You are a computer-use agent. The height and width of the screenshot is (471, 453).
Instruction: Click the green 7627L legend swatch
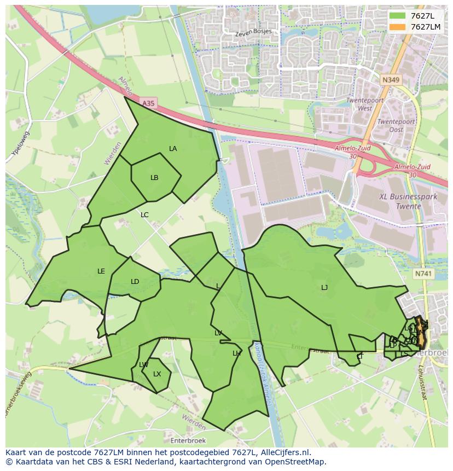(x=398, y=16)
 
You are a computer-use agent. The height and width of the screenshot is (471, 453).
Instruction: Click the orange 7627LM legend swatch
(x=398, y=27)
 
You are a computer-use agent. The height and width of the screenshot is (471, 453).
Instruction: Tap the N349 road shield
(x=391, y=80)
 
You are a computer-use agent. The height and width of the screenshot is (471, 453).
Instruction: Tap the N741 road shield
(x=423, y=274)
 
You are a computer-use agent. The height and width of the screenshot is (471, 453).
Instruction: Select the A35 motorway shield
(x=148, y=103)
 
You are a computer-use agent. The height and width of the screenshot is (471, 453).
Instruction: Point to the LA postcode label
(x=173, y=149)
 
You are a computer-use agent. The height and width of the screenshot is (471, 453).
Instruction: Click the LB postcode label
(x=154, y=178)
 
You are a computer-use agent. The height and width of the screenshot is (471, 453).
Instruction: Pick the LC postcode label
(x=144, y=215)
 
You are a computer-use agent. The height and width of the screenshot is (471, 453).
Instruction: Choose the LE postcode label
(x=101, y=271)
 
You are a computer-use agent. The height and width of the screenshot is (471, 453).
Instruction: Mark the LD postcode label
(x=135, y=282)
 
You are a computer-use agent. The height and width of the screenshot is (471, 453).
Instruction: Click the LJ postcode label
(x=324, y=288)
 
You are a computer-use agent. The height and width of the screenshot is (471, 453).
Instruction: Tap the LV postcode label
(x=218, y=333)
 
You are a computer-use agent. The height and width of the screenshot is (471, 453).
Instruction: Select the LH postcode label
(x=236, y=353)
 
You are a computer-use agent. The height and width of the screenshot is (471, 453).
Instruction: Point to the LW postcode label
(x=144, y=365)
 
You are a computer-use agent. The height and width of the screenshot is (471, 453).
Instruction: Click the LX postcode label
(x=157, y=374)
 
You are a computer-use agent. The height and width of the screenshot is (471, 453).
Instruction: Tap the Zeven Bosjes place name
(x=253, y=32)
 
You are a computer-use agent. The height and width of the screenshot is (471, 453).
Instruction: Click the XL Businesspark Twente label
(x=401, y=201)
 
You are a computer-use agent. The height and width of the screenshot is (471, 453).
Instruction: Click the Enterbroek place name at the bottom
(x=188, y=440)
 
